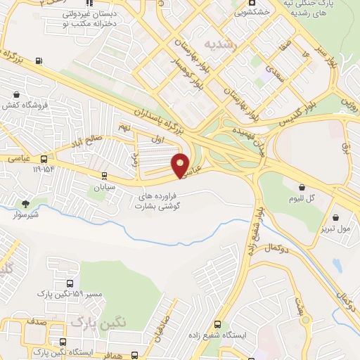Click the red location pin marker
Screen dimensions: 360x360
[181, 165]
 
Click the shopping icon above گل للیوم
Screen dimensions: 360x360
[302, 188]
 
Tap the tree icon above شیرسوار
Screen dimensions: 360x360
[26, 204]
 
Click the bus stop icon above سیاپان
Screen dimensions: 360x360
[104, 176]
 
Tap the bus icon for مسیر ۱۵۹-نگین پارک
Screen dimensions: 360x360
[69, 283]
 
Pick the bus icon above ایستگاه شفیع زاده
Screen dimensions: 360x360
[217, 325]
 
